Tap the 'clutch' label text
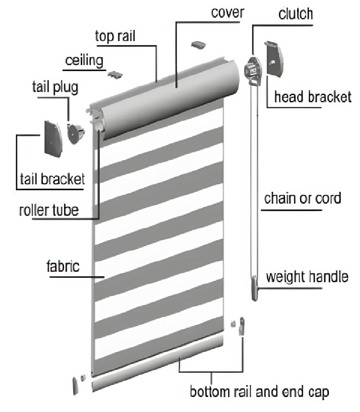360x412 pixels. point(296,14)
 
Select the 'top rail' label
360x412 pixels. point(115,37)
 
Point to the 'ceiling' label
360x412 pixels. point(84,61)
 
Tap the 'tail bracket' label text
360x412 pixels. point(52,179)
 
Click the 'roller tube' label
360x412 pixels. point(49,210)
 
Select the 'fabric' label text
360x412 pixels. point(63,267)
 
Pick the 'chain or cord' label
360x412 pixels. point(302,199)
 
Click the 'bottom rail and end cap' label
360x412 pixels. point(260,392)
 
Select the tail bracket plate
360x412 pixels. point(53,138)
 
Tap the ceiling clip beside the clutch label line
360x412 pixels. point(199,45)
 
